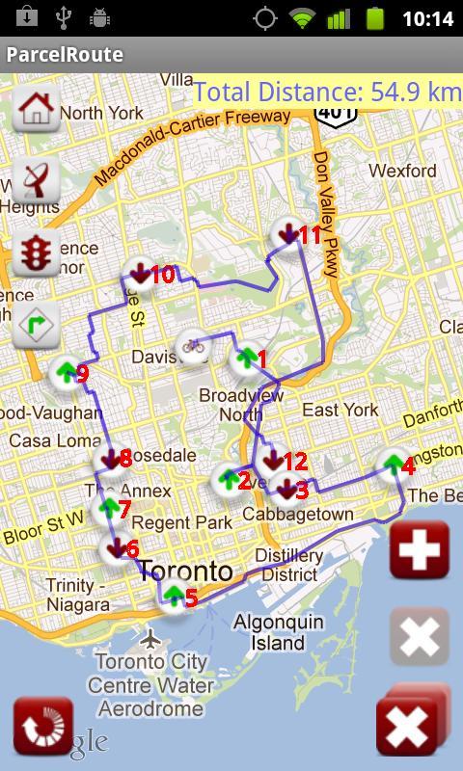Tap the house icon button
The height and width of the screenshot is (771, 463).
click(x=37, y=108)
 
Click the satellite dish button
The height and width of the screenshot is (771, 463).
click(x=37, y=180)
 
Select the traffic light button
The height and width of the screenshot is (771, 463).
click(x=37, y=253)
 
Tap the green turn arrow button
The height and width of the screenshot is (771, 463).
click(x=37, y=327)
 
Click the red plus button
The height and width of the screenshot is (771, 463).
click(x=420, y=550)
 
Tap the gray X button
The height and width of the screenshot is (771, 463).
click(x=420, y=636)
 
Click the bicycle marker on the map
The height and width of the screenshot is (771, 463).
click(x=193, y=345)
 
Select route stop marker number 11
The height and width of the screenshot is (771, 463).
click(x=286, y=234)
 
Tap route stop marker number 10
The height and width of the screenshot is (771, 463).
click(x=140, y=275)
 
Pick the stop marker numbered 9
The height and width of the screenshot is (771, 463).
click(x=66, y=372)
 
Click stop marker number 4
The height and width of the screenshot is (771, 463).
click(x=392, y=465)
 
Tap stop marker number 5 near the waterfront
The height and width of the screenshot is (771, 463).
click(x=174, y=598)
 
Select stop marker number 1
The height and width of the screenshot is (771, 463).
click(x=246, y=359)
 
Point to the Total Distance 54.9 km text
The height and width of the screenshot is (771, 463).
click(x=327, y=93)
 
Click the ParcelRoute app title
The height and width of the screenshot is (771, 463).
click(x=65, y=54)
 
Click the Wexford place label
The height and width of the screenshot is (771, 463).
click(x=402, y=171)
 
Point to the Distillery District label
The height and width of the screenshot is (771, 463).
click(x=289, y=566)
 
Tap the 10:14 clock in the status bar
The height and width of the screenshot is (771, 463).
click(x=426, y=18)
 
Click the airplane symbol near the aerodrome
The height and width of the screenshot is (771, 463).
click(x=150, y=638)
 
